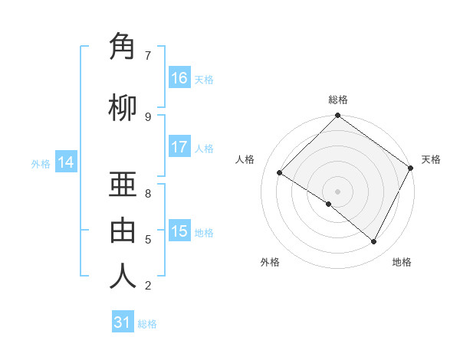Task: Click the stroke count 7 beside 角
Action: [147, 56]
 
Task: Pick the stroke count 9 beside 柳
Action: [147, 116]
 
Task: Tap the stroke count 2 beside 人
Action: [147, 286]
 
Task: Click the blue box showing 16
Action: [179, 78]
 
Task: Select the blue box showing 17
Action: [179, 147]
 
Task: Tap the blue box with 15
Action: [179, 231]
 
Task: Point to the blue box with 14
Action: [65, 162]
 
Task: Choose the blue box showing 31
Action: [122, 322]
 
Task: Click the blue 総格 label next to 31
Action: [147, 324]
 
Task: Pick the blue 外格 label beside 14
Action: [41, 163]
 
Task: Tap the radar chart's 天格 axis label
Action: [431, 159]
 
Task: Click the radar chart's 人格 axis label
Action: [245, 159]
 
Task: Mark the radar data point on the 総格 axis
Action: [337, 116]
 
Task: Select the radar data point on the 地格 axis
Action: [374, 242]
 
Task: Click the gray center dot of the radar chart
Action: [337, 190]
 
